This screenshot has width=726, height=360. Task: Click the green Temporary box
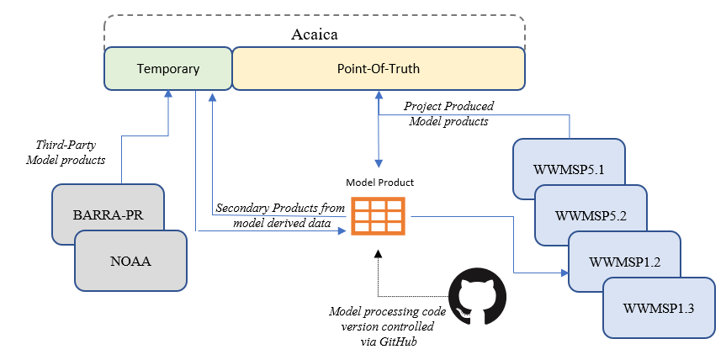(x=167, y=69)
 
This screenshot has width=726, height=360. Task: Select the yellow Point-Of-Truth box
(x=379, y=69)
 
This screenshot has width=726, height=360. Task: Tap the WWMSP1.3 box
(x=659, y=307)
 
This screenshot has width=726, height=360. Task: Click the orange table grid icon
(x=378, y=217)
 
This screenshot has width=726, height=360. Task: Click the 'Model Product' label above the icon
(x=379, y=183)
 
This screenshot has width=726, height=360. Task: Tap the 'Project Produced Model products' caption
(x=448, y=114)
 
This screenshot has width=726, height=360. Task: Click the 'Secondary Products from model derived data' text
(x=279, y=214)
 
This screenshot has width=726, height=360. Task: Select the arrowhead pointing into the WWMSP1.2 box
(x=564, y=273)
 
